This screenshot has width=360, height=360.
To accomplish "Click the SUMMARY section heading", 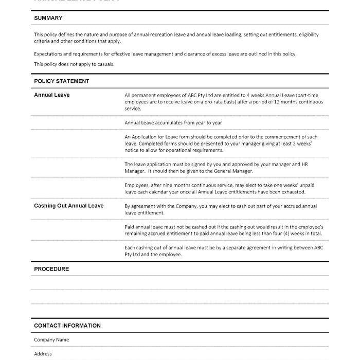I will (x=48, y=18).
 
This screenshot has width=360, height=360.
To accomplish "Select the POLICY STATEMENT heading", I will (x=62, y=81).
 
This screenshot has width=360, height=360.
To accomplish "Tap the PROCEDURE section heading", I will (x=51, y=269).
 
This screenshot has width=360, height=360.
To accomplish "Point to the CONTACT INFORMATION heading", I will (x=67, y=326).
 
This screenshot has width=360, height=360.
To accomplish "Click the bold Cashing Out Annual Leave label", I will (x=69, y=206).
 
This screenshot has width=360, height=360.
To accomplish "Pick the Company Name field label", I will (x=51, y=340).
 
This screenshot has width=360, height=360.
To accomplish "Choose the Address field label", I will (x=43, y=354).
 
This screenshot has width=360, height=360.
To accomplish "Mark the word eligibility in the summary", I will (x=306, y=34).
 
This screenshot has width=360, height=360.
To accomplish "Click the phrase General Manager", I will (x=235, y=171).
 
